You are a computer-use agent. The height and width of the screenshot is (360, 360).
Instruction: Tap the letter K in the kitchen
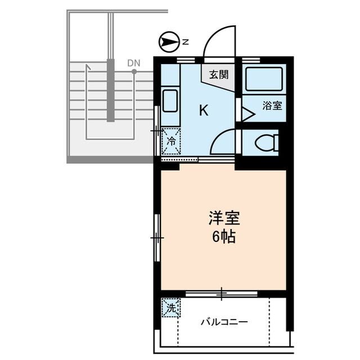point(203,111)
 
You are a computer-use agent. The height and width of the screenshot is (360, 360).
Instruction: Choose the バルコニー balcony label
point(224,323)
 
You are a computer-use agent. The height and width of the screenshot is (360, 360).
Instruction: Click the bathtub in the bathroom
point(263,79)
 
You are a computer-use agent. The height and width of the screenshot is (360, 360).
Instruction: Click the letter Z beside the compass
point(186,42)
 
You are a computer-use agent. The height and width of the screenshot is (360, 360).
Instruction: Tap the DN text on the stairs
point(133,62)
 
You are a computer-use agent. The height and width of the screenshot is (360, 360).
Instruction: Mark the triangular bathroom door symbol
point(247,112)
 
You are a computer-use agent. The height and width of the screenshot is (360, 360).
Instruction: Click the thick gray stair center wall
point(111,90)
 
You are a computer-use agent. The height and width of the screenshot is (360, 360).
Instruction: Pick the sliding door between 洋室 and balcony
point(222,293)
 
